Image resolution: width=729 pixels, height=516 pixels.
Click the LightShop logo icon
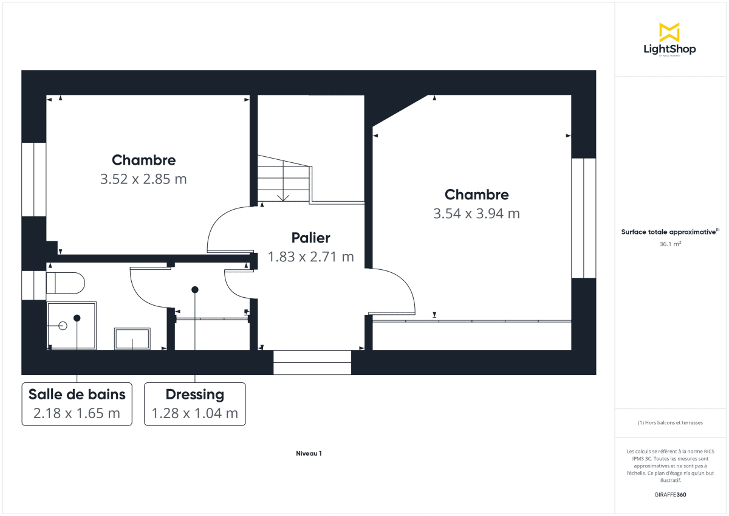pos(669,32)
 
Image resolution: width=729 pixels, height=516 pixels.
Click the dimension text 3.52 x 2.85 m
pos(143,179)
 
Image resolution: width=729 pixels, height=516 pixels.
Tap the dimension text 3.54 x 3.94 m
pos(476,213)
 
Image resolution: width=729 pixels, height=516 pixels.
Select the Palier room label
pos(310,238)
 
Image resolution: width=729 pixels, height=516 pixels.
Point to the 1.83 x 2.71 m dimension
pos(310,257)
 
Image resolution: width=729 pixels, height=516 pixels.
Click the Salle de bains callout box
pos(77,404)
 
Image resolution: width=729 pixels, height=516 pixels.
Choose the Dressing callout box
pos(194,404)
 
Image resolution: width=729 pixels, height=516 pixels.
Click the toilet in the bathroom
pos(65,283)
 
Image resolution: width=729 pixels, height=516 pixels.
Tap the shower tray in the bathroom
pos(72,325)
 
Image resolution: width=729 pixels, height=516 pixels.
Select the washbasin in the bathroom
pos(132,339)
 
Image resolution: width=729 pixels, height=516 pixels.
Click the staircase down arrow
pos(283,196)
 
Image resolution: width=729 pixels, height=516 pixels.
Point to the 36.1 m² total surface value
pos(669,244)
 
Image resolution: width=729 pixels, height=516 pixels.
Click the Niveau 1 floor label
pos(309,453)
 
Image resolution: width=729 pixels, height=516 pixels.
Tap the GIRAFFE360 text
pos(669,495)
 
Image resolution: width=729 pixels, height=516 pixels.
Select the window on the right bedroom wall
pos(583,218)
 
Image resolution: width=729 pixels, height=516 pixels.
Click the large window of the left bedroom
pos(34,179)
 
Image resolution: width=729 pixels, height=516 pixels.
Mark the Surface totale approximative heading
pos(669,232)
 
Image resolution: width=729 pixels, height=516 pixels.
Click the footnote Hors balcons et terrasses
pos(669,422)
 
